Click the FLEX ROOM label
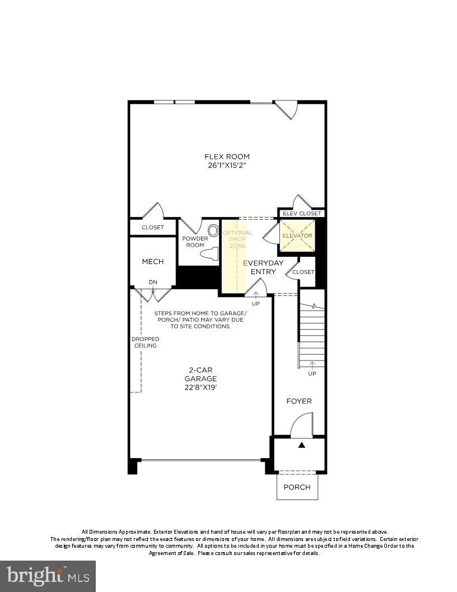pyautogui.click(x=227, y=156)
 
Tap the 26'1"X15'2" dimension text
pyautogui.click(x=227, y=166)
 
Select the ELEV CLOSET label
pyautogui.click(x=302, y=214)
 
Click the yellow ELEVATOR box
pyautogui.click(x=297, y=235)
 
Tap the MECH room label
pyautogui.click(x=152, y=261)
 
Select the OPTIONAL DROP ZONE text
pyautogui.click(x=237, y=239)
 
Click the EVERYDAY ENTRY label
pyautogui.click(x=263, y=267)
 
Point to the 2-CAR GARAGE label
pyautogui.click(x=200, y=374)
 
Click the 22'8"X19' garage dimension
pyautogui.click(x=200, y=387)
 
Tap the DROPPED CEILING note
pyautogui.click(x=145, y=342)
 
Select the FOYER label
pyautogui.click(x=299, y=401)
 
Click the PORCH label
pyautogui.click(x=297, y=487)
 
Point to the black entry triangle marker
pyautogui.click(x=301, y=445)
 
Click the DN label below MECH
pyautogui.click(x=153, y=282)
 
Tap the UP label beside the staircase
pyautogui.click(x=312, y=373)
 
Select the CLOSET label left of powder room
pyautogui.click(x=152, y=227)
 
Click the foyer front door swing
pyautogui.click(x=302, y=425)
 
